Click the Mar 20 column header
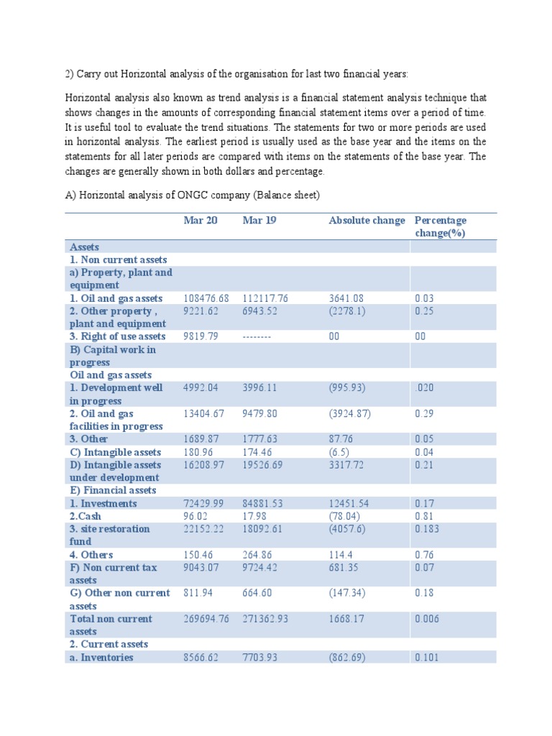[201, 221]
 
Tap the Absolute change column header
[367, 221]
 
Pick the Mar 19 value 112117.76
[267, 298]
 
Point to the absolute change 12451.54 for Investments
[353, 504]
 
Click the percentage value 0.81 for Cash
[424, 516]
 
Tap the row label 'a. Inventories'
[101, 658]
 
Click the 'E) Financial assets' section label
[113, 490]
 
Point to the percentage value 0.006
[427, 619]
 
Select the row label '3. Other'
[89, 439]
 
